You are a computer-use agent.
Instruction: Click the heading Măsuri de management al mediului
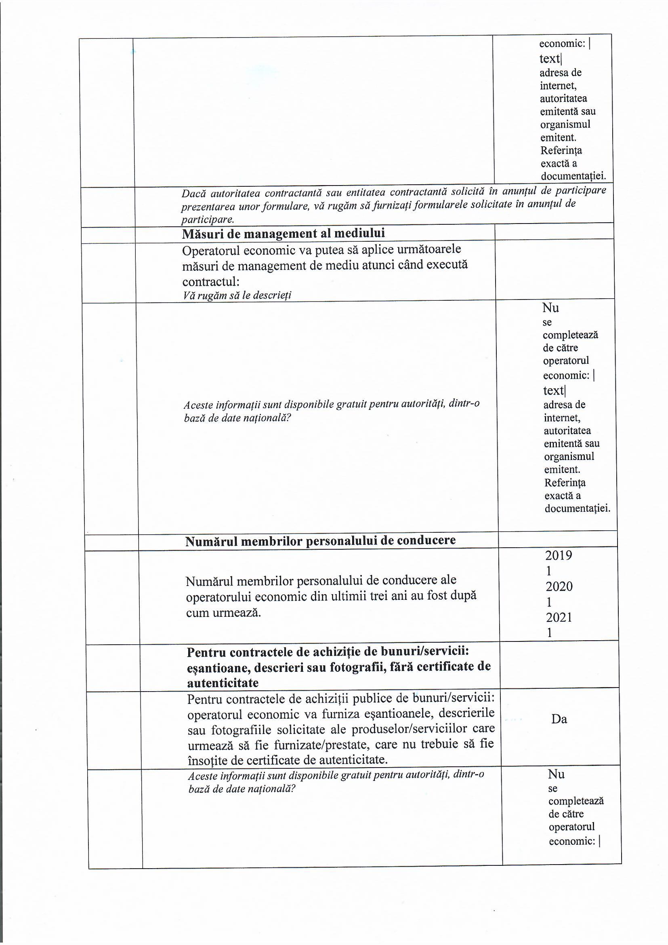284,233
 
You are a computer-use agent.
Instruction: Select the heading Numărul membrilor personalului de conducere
320,540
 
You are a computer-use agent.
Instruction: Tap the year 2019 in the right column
559,555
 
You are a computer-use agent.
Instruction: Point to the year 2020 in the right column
559,586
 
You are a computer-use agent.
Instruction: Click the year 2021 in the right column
559,617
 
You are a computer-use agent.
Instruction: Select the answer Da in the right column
559,719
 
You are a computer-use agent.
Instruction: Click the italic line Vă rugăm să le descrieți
237,295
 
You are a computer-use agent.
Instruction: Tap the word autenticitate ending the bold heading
223,683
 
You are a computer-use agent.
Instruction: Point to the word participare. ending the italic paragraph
208,219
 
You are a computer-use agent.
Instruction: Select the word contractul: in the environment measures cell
210,282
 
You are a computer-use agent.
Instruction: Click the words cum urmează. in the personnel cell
223,613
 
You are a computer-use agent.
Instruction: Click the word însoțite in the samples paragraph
207,759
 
